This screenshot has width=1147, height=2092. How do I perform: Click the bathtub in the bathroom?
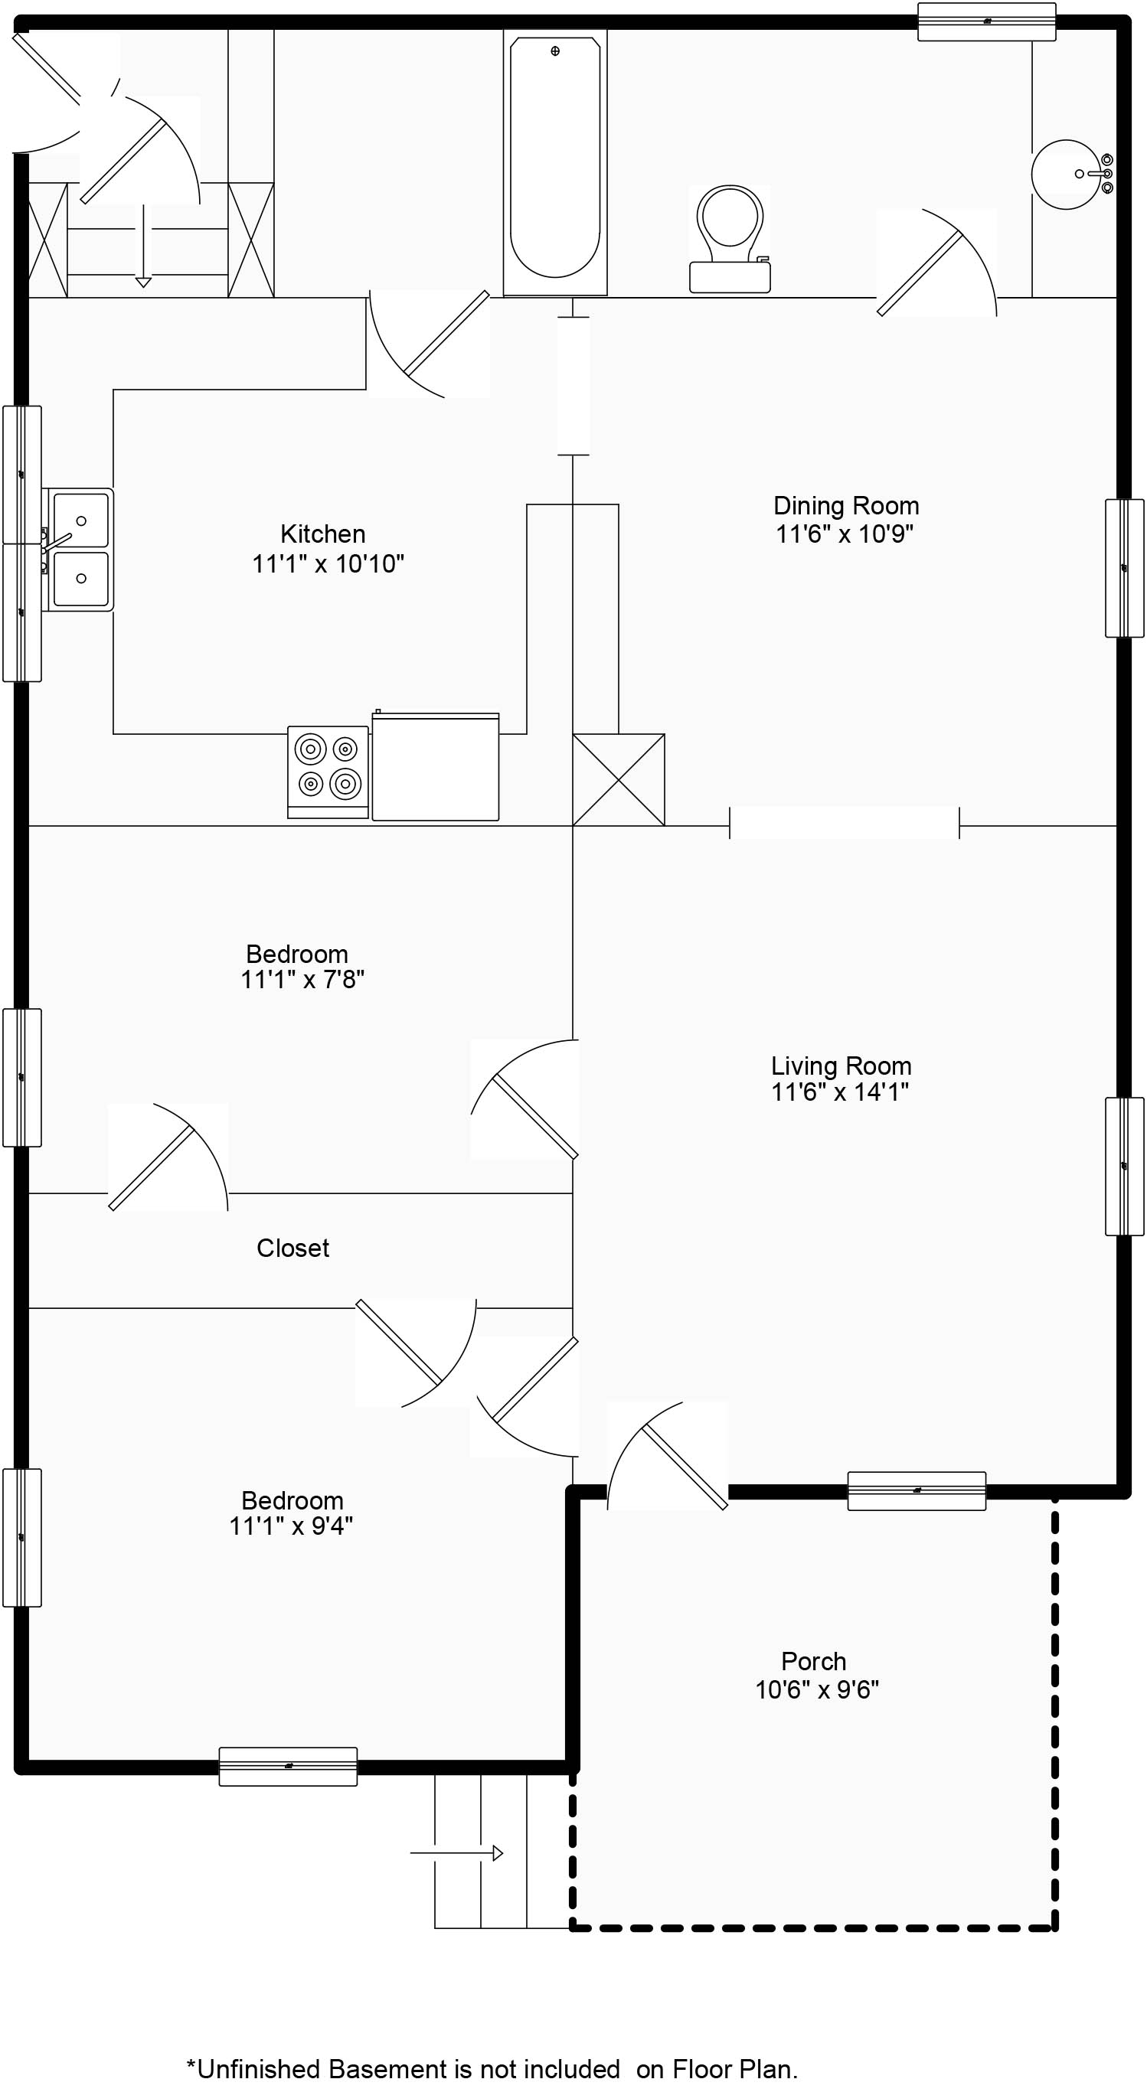click(555, 162)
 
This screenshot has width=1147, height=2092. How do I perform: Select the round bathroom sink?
click(1071, 174)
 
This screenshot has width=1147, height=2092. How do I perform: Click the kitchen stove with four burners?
click(328, 772)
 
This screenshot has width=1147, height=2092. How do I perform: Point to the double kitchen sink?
click(78, 550)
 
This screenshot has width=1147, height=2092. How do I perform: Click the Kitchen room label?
click(322, 534)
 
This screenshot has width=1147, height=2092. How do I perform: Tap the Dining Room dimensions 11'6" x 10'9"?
click(845, 534)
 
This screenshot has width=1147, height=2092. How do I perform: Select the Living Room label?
click(841, 1066)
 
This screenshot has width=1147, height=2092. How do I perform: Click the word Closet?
click(292, 1248)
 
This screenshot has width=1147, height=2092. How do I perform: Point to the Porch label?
click(813, 1662)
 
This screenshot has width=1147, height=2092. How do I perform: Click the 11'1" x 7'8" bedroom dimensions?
click(302, 981)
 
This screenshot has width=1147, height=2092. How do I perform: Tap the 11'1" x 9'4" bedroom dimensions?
click(291, 1527)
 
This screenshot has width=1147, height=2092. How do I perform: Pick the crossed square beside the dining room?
click(618, 780)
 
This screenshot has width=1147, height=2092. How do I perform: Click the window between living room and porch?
click(917, 1491)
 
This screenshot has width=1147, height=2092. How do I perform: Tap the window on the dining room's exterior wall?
click(1124, 568)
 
